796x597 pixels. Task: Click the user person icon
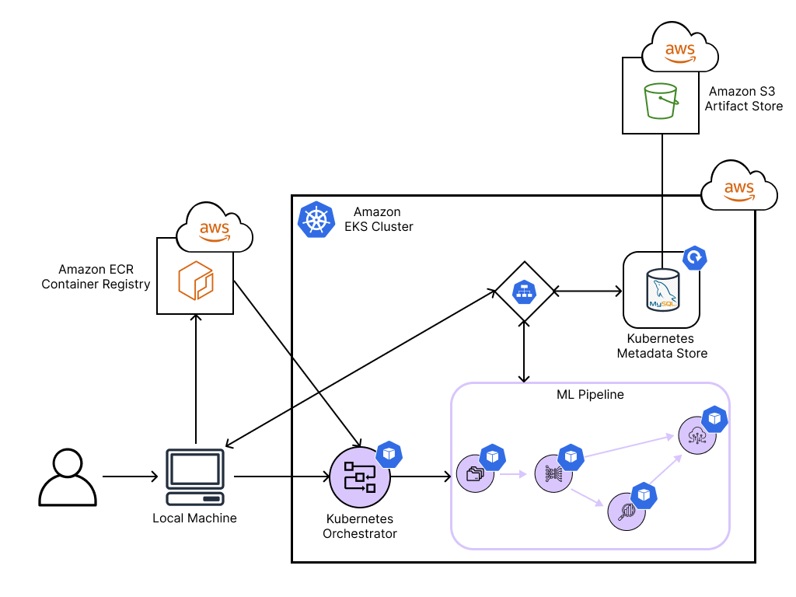[x=68, y=477]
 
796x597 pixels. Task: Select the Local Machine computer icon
[x=196, y=477]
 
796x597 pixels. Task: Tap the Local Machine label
[x=194, y=518]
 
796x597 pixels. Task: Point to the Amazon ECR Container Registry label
[x=96, y=277]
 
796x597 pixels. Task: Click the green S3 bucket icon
[x=661, y=100]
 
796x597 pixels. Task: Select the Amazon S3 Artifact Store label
[x=743, y=99]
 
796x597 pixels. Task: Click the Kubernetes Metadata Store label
[x=662, y=347]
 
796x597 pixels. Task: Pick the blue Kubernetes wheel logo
[x=316, y=220]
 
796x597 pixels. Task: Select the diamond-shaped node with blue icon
[x=525, y=292]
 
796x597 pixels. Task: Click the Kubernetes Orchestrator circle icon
[x=359, y=477]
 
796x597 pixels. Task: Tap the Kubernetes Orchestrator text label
[x=359, y=526]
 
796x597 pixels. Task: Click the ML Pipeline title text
[x=590, y=395]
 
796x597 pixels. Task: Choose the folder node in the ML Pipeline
[x=474, y=473]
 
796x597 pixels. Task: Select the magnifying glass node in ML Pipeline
[x=627, y=511]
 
